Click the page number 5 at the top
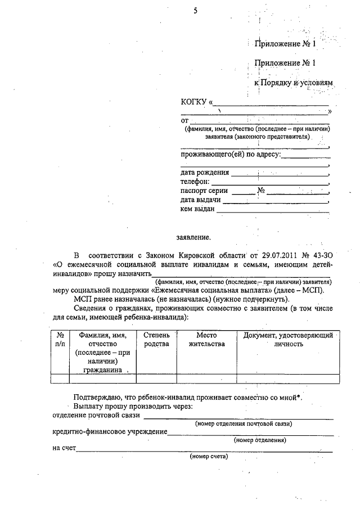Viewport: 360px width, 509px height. (x=195, y=10)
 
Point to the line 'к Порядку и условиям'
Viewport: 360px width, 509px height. (x=294, y=83)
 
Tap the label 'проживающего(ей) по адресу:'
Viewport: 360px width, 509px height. (x=231, y=154)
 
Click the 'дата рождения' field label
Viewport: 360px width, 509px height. (x=205, y=172)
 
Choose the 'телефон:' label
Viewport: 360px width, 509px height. (x=195, y=182)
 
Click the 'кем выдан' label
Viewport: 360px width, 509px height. (x=197, y=209)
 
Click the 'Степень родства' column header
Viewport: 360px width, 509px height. (x=156, y=339)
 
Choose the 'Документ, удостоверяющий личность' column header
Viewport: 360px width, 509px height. (x=288, y=339)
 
